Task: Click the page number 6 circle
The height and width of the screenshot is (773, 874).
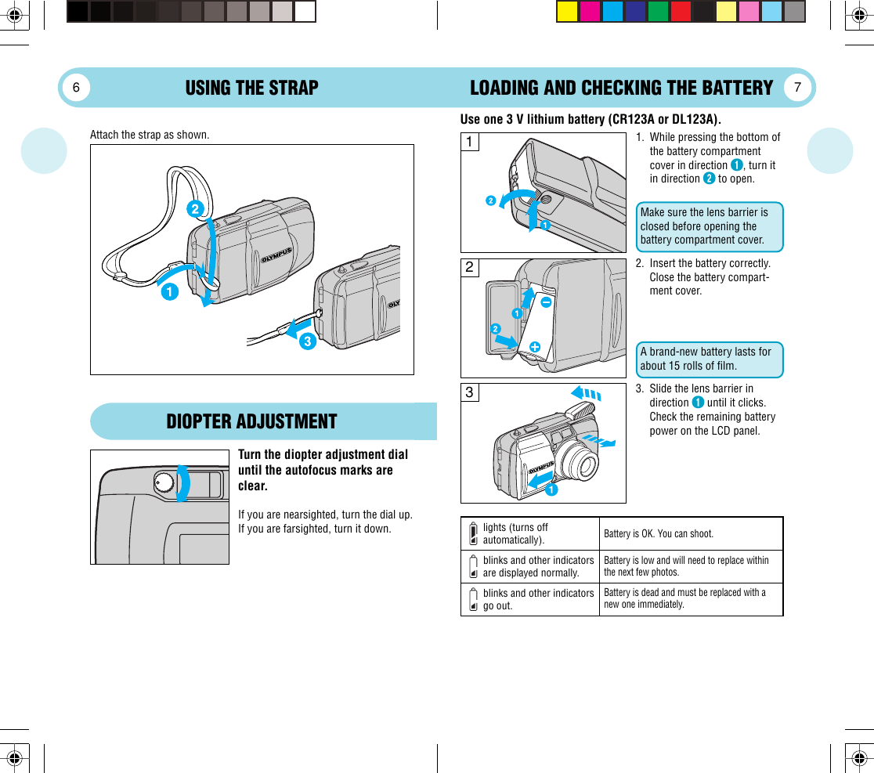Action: coord(77,88)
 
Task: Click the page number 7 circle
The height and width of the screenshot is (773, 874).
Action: coord(797,88)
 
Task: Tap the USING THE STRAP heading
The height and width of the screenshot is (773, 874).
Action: coord(251,88)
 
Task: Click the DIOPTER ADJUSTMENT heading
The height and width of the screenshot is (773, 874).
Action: coord(251,421)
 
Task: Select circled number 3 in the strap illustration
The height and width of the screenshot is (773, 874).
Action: coord(307,341)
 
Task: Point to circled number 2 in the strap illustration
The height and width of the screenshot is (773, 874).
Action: coord(195,209)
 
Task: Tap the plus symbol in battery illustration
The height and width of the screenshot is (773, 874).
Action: coord(535,346)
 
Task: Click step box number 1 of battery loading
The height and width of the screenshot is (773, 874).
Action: coord(469,143)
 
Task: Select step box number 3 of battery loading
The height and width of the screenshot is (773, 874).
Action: coord(469,392)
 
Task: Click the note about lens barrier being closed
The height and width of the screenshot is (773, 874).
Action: coord(710,226)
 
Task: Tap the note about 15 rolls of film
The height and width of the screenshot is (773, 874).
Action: coord(710,359)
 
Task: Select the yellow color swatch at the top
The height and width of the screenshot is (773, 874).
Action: coord(567,12)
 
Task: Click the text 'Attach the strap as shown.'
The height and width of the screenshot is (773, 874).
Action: coord(150,135)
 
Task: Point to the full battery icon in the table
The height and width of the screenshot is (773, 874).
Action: coord(473,533)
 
